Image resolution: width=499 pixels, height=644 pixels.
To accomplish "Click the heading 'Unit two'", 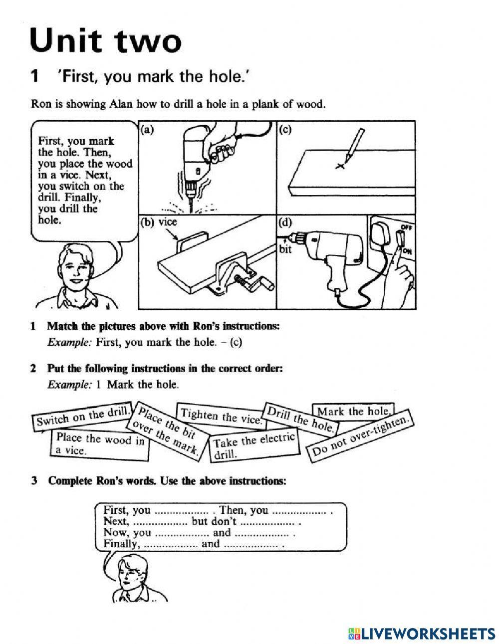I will tap(105, 40).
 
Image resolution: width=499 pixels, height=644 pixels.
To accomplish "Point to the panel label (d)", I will tap(285, 222).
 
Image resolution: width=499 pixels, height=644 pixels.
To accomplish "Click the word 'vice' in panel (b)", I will tap(168, 222).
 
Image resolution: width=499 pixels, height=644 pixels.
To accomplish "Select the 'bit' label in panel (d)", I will tap(285, 249).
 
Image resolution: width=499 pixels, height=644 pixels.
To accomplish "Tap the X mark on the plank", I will tap(340, 166).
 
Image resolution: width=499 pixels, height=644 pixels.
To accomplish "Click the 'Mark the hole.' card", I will tap(353, 411).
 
